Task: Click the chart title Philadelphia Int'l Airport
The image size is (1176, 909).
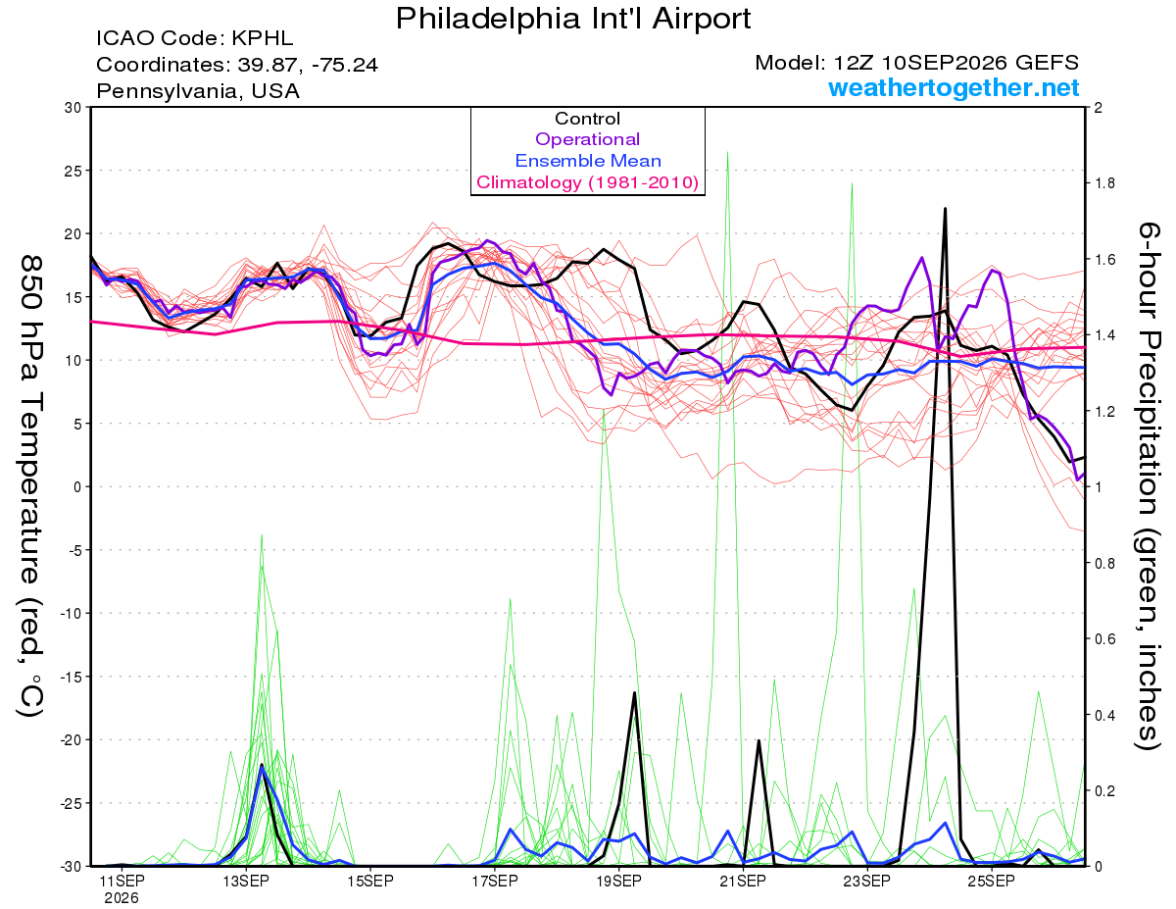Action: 573,19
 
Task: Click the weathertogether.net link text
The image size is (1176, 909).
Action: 954,87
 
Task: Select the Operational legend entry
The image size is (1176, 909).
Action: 587,139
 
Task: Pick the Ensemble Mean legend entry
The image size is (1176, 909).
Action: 588,160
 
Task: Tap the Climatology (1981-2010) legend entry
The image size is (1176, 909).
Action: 587,182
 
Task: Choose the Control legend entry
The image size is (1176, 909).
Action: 587,118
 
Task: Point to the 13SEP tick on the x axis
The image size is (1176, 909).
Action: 246,881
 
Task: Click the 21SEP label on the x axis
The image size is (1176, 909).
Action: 743,881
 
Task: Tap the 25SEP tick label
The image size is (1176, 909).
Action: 992,881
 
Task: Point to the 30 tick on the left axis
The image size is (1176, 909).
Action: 73,107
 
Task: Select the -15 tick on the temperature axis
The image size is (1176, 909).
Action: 70,677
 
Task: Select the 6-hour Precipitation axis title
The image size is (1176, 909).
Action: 1147,485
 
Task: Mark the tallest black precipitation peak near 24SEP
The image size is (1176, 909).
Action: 945,209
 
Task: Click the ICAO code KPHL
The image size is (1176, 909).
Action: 263,38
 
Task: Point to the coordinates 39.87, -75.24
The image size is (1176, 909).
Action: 308,65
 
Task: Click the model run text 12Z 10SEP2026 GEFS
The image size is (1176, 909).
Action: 955,63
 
